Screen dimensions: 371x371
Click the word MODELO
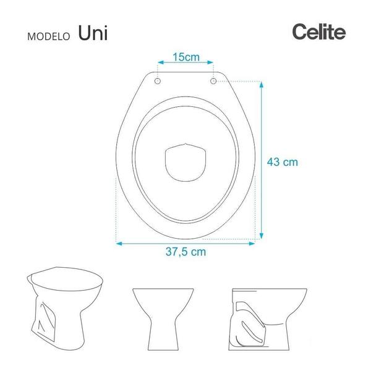coord(49,36)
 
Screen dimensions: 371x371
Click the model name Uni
coord(93,33)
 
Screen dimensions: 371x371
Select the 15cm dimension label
coord(185,58)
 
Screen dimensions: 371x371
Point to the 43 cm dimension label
coord(282,163)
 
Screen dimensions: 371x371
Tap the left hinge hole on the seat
coord(157,81)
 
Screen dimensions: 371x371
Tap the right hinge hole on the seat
coord(214,81)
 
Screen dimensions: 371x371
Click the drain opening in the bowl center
coord(185,162)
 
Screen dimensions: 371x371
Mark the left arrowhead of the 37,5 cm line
coord(119,243)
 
